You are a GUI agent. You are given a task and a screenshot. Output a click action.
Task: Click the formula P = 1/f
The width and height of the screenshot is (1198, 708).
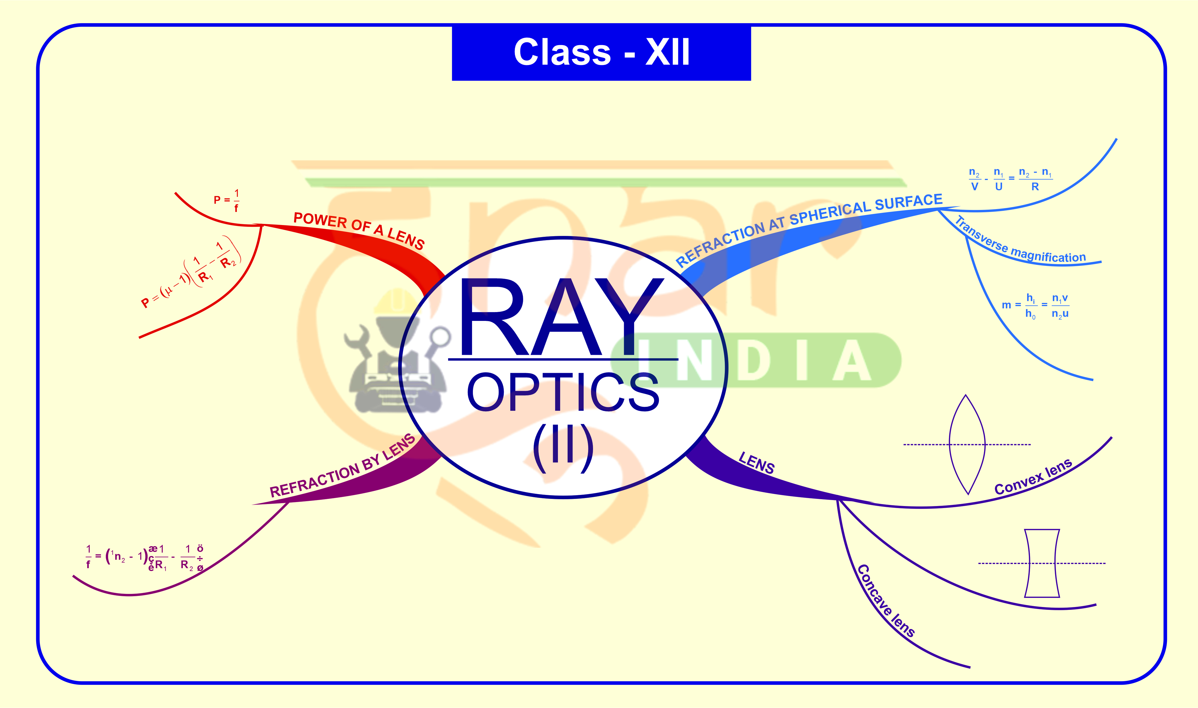[x=226, y=200]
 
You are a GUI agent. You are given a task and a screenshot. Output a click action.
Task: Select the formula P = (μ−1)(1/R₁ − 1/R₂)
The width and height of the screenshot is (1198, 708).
[x=191, y=274]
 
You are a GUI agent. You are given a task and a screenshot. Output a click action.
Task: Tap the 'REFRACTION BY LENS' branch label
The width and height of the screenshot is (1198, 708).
[x=342, y=467]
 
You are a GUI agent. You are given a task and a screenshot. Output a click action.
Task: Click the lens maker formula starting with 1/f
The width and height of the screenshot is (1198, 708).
[x=145, y=557]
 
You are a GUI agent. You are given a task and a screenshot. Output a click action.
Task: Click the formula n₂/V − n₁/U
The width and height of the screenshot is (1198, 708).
[x=1010, y=179]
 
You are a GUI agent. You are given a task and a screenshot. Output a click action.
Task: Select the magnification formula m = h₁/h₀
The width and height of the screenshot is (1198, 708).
[x=1035, y=306]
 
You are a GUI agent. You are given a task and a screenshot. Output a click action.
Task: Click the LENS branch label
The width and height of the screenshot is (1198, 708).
[x=756, y=463]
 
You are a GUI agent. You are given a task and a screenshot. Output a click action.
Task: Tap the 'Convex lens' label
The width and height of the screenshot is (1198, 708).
[x=1033, y=477]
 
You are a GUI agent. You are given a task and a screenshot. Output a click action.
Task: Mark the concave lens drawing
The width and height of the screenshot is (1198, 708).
[x=1042, y=563]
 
